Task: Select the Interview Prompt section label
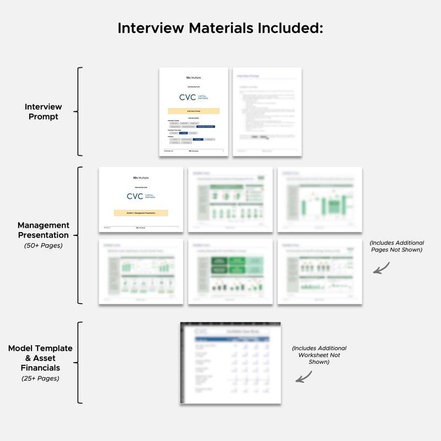pos(43,111)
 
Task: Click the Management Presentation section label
pos(43,230)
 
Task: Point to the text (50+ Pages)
pos(43,245)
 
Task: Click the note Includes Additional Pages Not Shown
pos(396,246)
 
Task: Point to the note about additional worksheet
pos(319,355)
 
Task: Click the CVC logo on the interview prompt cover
pos(193,98)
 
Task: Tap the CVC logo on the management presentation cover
pos(141,196)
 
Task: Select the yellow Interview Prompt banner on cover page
pos(193,111)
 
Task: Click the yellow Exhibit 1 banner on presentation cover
pos(141,213)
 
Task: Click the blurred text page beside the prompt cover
pos(267,111)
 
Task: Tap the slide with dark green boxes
pos(230,271)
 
